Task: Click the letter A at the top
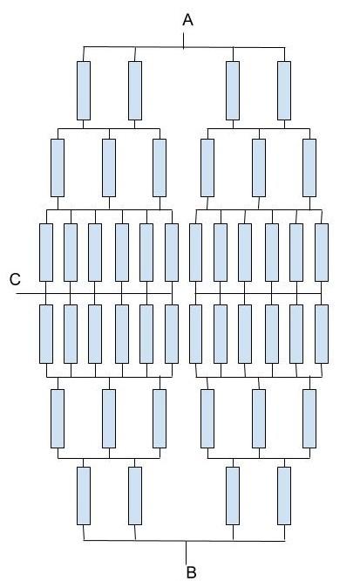[x=187, y=20]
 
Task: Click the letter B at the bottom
[x=191, y=572]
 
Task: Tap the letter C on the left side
[x=15, y=279]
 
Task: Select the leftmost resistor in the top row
[x=84, y=91]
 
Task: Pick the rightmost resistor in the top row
[x=284, y=91]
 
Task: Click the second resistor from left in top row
[x=135, y=91]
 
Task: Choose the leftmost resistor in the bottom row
[x=84, y=496]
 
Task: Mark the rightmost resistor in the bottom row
[x=284, y=496]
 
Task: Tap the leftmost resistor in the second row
[x=58, y=167]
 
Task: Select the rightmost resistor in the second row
[x=309, y=167]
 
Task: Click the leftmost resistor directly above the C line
[x=46, y=252]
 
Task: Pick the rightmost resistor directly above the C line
[x=322, y=252]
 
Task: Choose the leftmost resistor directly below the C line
[x=46, y=334]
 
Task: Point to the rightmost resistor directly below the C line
[x=322, y=334]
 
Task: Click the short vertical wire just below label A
[x=184, y=41]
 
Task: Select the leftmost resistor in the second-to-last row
[x=58, y=419]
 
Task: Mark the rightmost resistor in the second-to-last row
[x=309, y=419]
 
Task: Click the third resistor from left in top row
[x=233, y=91]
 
